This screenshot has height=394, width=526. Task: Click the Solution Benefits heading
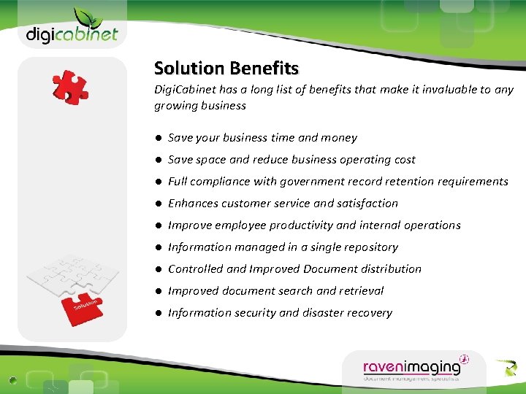pos(226,69)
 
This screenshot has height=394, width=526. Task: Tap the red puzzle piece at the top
pos(70,88)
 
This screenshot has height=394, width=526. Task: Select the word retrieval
pos(360,291)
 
